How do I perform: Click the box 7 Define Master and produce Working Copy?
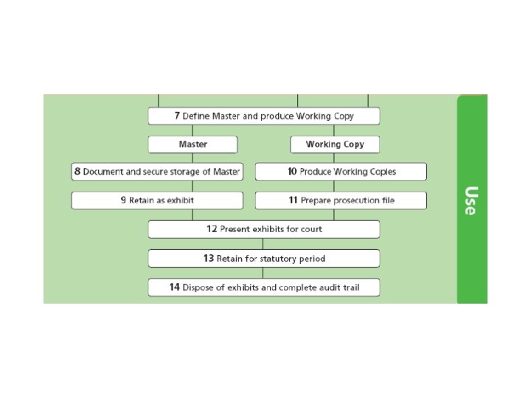(264, 116)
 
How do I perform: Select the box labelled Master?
(192, 144)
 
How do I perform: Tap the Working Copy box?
(335, 144)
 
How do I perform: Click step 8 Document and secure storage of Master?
(157, 172)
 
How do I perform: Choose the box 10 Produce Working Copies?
(341, 172)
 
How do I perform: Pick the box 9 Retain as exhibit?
(157, 200)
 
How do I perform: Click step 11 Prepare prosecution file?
(341, 200)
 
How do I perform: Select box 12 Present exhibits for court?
(264, 229)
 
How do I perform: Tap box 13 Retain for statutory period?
(264, 259)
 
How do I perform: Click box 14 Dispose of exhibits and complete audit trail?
(264, 287)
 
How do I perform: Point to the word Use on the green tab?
(470, 200)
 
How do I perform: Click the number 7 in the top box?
(177, 116)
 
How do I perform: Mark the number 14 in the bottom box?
(175, 287)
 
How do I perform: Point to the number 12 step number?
(212, 229)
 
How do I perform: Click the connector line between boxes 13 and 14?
(263, 273)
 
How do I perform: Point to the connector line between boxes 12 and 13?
(263, 244)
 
